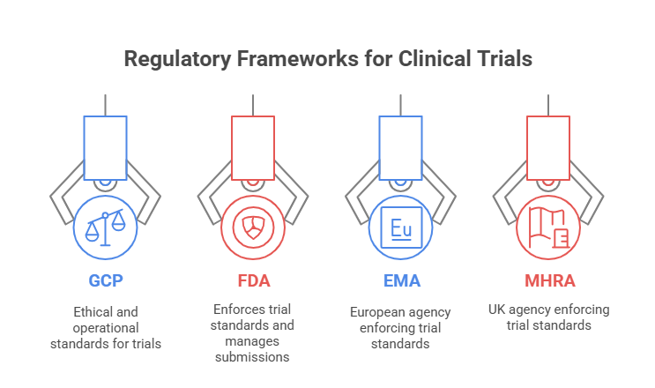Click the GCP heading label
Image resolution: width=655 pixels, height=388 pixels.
[106, 280]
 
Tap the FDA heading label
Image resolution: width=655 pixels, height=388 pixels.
[254, 280]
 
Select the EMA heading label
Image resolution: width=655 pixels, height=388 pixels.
[401, 280]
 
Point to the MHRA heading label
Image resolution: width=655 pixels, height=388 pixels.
[550, 280]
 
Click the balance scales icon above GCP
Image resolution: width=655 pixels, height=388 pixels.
[105, 228]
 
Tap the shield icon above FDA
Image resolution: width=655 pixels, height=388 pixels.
[253, 228]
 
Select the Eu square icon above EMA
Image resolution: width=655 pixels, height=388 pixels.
[401, 228]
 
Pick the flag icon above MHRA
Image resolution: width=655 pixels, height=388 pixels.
[548, 228]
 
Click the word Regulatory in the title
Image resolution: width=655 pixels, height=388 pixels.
[177, 59]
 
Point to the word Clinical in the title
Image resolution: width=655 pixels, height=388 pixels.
[435, 58]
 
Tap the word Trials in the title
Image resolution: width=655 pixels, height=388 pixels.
[505, 58]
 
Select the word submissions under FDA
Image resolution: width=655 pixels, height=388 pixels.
[252, 357]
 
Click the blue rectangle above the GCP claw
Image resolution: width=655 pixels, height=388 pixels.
[105, 148]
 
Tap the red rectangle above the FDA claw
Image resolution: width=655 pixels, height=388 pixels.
[253, 148]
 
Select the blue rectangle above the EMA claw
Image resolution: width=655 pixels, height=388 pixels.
[400, 148]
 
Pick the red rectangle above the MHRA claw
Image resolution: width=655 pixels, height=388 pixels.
[548, 148]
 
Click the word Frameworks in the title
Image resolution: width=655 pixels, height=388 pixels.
[297, 58]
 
